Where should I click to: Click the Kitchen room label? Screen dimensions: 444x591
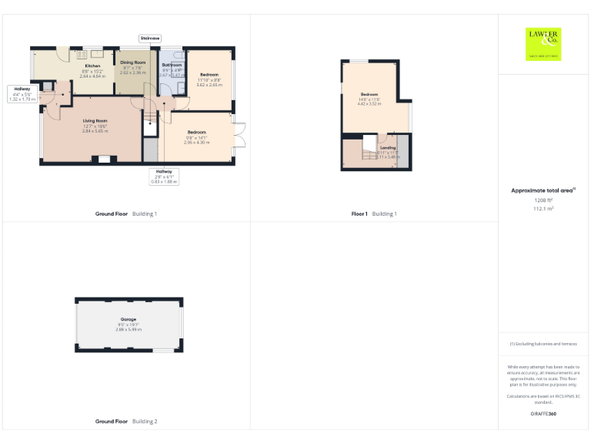(92, 66)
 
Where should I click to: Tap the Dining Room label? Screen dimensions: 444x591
(133, 62)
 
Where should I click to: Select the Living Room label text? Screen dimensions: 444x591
(95, 121)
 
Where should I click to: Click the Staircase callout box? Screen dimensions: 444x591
(149, 38)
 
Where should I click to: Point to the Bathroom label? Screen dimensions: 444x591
(172, 65)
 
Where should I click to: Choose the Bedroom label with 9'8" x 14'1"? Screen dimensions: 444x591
(196, 132)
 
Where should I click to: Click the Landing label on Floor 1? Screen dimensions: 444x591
(388, 147)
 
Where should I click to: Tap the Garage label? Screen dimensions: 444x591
(128, 319)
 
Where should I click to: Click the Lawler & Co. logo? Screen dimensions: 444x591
(544, 43)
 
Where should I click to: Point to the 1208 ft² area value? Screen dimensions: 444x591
(544, 200)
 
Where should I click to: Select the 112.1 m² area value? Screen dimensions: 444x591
(544, 208)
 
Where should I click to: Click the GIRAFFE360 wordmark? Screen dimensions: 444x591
(543, 415)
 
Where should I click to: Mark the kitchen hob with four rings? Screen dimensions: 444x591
(82, 54)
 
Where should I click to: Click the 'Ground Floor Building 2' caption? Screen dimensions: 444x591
(126, 422)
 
